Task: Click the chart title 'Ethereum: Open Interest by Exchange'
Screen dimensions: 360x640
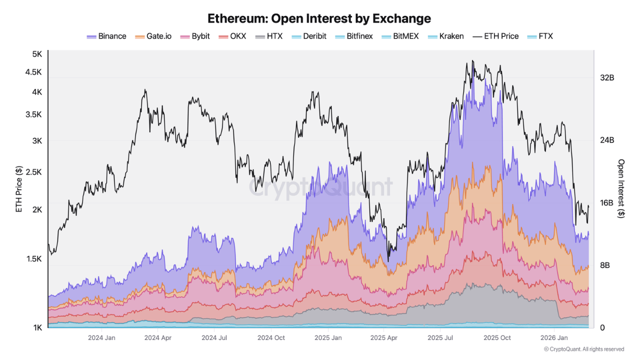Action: pos(319,18)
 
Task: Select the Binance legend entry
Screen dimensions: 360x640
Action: pos(106,36)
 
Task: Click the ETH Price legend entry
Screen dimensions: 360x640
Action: pos(496,36)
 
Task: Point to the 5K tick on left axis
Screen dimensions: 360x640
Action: pos(37,54)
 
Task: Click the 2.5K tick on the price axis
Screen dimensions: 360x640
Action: pos(34,172)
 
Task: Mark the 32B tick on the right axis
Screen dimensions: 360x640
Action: pos(607,78)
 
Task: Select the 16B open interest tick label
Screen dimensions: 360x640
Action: pos(607,203)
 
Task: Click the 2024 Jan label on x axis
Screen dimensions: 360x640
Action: pos(102,338)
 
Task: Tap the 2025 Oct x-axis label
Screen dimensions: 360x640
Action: pos(497,338)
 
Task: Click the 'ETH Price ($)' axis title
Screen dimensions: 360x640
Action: pos(19,189)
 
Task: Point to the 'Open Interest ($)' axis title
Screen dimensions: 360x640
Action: pos(621,188)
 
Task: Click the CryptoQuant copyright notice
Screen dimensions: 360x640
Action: pos(583,349)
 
